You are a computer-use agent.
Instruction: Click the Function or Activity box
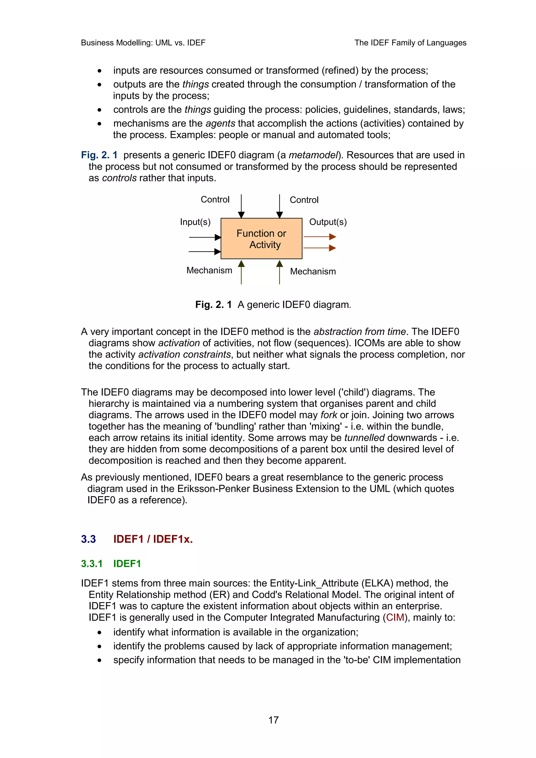tap(261, 238)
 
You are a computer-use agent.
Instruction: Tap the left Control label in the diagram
tap(215, 199)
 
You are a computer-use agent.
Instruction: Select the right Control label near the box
tap(304, 200)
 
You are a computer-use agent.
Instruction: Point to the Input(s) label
tap(195, 222)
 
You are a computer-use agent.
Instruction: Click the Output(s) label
tap(328, 222)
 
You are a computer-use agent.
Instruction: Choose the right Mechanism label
tap(313, 271)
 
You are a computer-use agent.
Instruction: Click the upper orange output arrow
tap(319, 236)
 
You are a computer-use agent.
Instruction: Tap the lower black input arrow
tap(204, 252)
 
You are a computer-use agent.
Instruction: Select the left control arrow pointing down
tap(241, 206)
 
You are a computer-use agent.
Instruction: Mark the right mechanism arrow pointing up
tap(280, 272)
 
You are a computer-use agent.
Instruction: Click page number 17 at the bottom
tap(273, 720)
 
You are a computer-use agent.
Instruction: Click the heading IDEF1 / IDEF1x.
tap(153, 539)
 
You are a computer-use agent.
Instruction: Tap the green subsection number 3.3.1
tap(92, 564)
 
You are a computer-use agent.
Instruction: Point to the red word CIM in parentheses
tap(395, 617)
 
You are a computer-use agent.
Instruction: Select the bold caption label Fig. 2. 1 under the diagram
tap(213, 304)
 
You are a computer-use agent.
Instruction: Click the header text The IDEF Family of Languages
tap(410, 43)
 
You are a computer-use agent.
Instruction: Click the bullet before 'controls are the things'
tap(99, 110)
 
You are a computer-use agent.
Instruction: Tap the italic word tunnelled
tap(364, 438)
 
